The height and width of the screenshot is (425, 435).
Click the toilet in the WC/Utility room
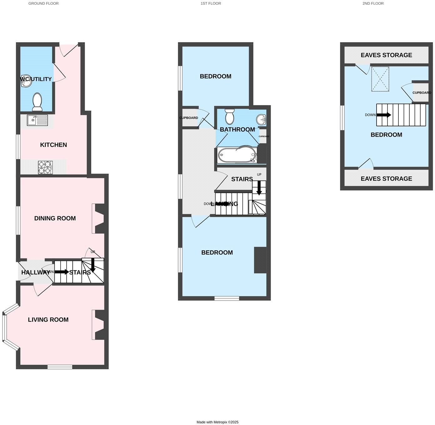pyautogui.click(x=37, y=102)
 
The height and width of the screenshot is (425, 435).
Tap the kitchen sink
pyautogui.click(x=37, y=120)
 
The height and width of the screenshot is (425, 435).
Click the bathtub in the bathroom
pyautogui.click(x=237, y=155)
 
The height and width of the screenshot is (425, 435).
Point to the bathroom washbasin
pyautogui.click(x=261, y=119)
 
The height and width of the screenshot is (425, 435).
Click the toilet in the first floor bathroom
pyautogui.click(x=230, y=116)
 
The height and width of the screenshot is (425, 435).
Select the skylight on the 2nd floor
pyautogui.click(x=380, y=79)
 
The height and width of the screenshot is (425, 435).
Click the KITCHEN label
pyautogui.click(x=53, y=145)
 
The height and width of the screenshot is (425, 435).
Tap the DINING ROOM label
pyautogui.click(x=55, y=218)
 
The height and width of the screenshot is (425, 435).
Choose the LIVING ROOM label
pyautogui.click(x=48, y=320)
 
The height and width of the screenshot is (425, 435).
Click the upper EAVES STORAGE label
pyautogui.click(x=386, y=55)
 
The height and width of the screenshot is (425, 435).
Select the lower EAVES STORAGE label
pyautogui.click(x=386, y=179)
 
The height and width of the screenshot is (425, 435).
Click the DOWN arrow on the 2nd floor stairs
pyautogui.click(x=383, y=115)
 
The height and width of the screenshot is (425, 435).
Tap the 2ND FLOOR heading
pyautogui.click(x=373, y=3)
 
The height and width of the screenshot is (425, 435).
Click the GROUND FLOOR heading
pyautogui.click(x=43, y=3)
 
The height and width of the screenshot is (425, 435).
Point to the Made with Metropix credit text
pyautogui.click(x=217, y=422)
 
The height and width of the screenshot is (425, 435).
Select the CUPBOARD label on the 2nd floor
pyautogui.click(x=422, y=93)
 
